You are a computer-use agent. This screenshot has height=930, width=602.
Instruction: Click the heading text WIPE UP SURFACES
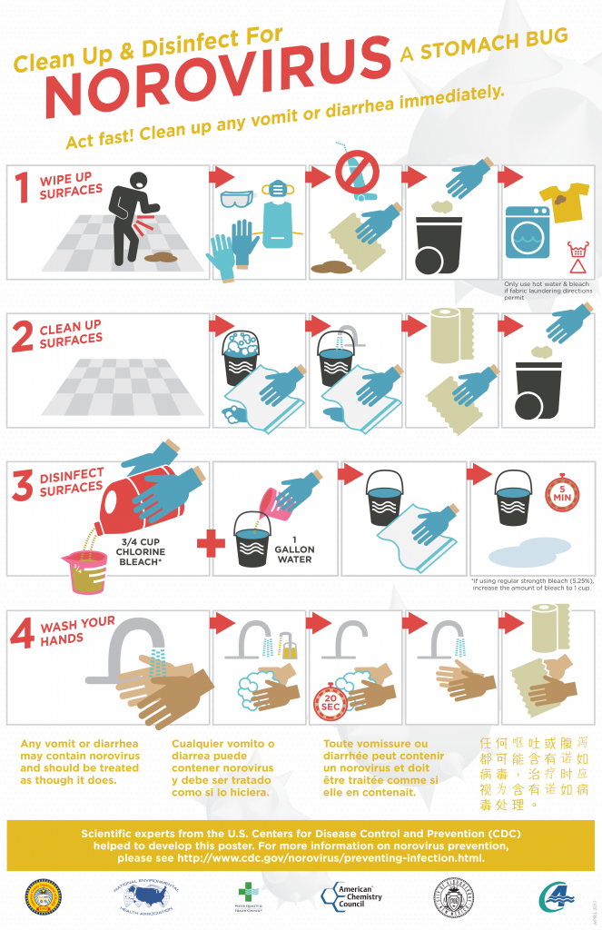(70, 186)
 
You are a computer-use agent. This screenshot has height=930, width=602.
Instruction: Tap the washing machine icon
(528, 233)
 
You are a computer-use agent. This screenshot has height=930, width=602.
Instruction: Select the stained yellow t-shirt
(564, 201)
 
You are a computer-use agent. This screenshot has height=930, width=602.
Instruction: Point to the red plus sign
(211, 543)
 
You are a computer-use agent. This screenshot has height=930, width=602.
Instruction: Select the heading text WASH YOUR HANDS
(76, 631)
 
